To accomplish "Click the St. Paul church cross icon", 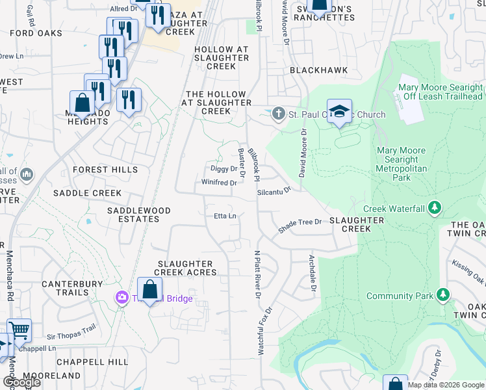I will coord(279,114).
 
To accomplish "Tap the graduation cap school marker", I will coord(339,112).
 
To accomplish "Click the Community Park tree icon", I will coord(443,296).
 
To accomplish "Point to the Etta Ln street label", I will coord(224,216).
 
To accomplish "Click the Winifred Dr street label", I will coord(218,183).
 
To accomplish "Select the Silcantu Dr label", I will coord(274,192).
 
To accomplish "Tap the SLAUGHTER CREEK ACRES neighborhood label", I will coord(186,268).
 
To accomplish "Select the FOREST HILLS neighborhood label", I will coord(105,170).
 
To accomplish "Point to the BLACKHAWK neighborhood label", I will coord(318,70).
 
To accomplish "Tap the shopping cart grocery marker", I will coord(19,330).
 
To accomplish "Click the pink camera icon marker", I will coord(122,298).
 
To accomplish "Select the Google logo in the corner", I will coord(21,383).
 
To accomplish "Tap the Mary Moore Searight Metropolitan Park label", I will coord(402,163).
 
